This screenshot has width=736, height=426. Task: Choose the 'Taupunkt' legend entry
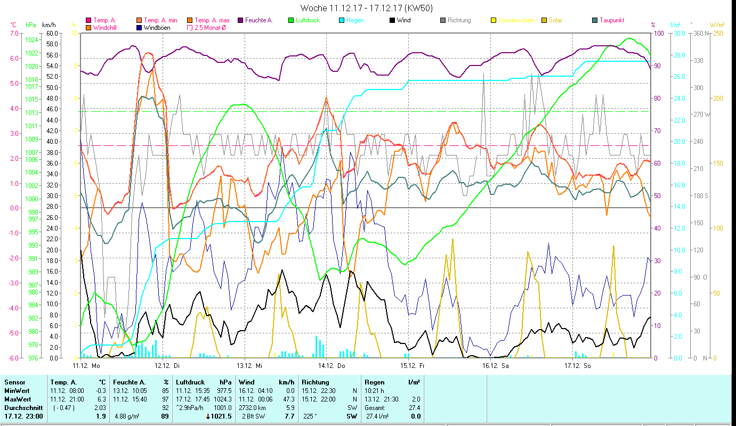[x=612, y=20]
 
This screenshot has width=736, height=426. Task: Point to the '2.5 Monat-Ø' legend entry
[x=209, y=28]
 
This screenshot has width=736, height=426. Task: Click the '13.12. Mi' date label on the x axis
[x=249, y=366]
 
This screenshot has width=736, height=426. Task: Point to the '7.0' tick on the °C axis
[x=14, y=33]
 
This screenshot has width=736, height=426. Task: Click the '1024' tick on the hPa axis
[x=31, y=40]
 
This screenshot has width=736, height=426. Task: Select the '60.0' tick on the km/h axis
[x=52, y=33]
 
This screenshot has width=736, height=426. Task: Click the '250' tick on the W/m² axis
[x=718, y=33]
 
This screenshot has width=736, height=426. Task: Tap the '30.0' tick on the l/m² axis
[x=678, y=33]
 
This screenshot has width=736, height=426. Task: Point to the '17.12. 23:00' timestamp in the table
[x=24, y=416]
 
